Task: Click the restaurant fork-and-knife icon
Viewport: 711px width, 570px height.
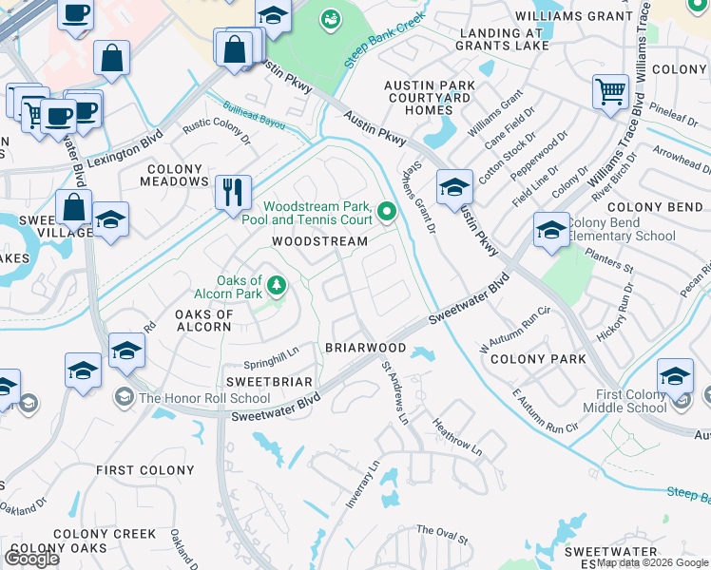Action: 233,193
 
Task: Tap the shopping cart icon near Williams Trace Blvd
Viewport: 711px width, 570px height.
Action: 610,92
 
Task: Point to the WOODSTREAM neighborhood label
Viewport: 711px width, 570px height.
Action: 319,241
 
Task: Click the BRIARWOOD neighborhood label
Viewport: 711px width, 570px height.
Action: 366,349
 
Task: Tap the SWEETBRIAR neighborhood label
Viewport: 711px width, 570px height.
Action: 255,381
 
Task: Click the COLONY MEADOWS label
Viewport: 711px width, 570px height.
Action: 176,175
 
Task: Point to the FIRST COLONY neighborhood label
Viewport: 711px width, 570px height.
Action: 145,470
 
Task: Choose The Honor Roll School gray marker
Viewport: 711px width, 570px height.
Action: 124,396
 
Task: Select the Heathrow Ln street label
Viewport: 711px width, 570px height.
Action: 457,436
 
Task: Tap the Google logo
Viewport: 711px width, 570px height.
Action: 31,558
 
